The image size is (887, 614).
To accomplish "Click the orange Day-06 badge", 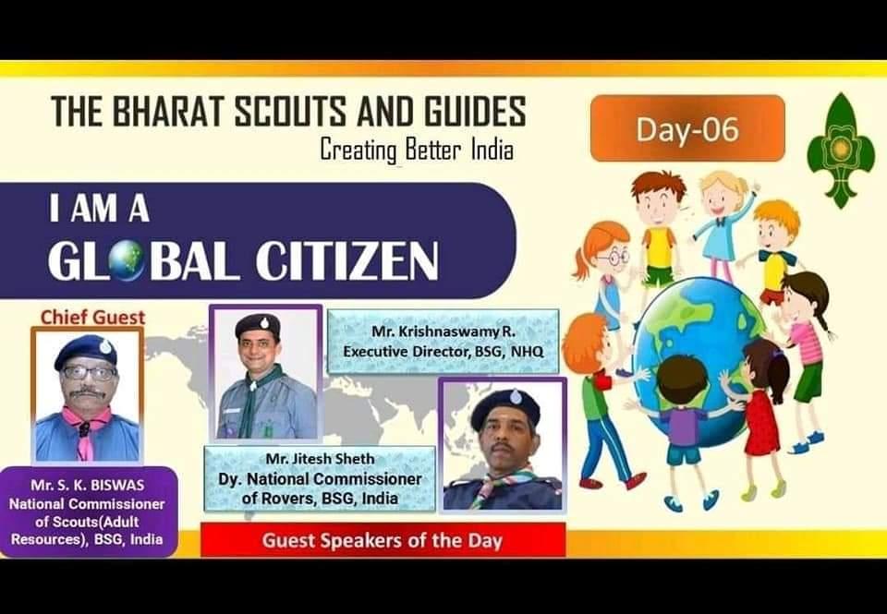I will pyautogui.click(x=687, y=128).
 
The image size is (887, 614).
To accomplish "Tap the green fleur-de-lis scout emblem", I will pyautogui.click(x=839, y=150).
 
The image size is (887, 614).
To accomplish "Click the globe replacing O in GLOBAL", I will pyautogui.click(x=125, y=262).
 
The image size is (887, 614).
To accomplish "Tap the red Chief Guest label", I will pyautogui.click(x=92, y=318).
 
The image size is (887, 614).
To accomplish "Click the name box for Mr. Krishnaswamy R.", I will pyautogui.click(x=443, y=341).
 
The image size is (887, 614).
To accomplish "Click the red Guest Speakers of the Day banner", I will pyautogui.click(x=382, y=540).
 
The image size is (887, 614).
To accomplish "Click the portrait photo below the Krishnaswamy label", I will pyautogui.click(x=502, y=445).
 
